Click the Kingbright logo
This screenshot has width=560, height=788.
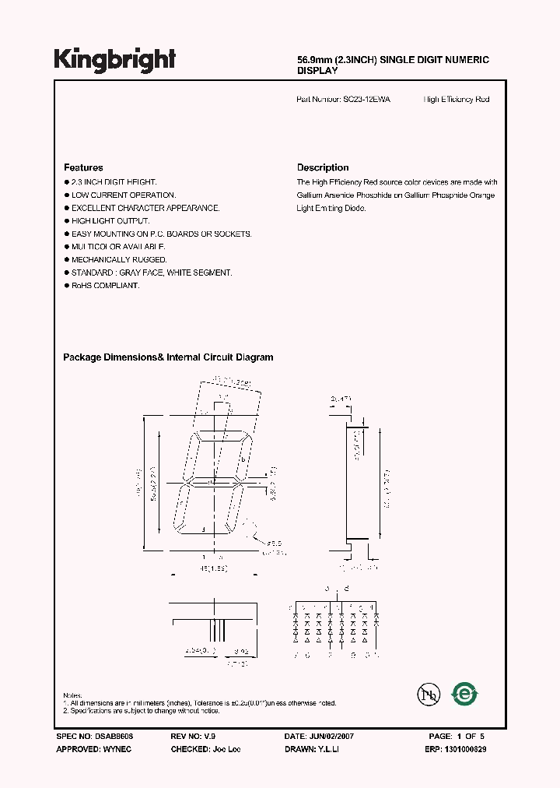pos(115,60)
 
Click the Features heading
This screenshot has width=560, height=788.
pos(83,167)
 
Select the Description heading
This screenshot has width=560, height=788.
pos(323,167)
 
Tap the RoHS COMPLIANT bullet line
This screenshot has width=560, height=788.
pos(105,286)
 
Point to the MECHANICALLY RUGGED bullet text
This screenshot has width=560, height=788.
pos(119,259)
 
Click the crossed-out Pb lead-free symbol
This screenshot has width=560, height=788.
pos(427,695)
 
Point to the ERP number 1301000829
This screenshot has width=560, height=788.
pos(467,748)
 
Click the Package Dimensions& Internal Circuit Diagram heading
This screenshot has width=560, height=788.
pos(168,357)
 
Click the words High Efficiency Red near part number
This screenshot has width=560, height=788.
pos(457,100)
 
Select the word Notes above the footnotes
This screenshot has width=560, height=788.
pos(72,695)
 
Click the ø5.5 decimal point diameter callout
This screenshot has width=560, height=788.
pos(276,543)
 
